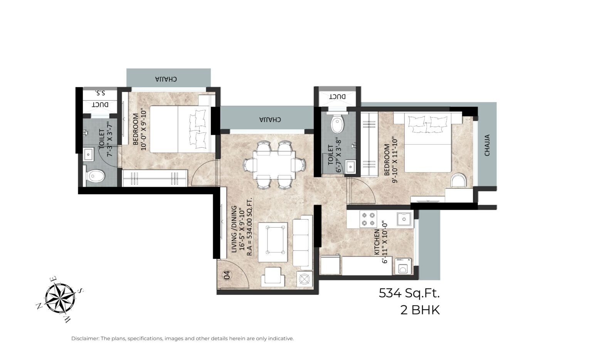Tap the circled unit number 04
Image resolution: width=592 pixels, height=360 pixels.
227,275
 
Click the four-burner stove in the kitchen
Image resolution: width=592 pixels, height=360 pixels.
368,219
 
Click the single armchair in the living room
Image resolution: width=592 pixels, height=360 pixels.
273,278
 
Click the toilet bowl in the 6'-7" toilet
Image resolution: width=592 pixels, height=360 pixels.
338,124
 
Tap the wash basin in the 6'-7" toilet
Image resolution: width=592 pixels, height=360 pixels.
351,167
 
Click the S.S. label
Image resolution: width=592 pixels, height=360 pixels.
100,93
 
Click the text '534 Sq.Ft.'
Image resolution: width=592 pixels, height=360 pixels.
409,293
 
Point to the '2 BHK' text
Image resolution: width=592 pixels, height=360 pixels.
420,310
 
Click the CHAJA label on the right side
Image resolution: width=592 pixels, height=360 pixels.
487,145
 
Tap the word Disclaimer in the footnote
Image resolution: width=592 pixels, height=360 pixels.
84,338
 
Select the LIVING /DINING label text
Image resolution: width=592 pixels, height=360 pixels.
234,229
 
